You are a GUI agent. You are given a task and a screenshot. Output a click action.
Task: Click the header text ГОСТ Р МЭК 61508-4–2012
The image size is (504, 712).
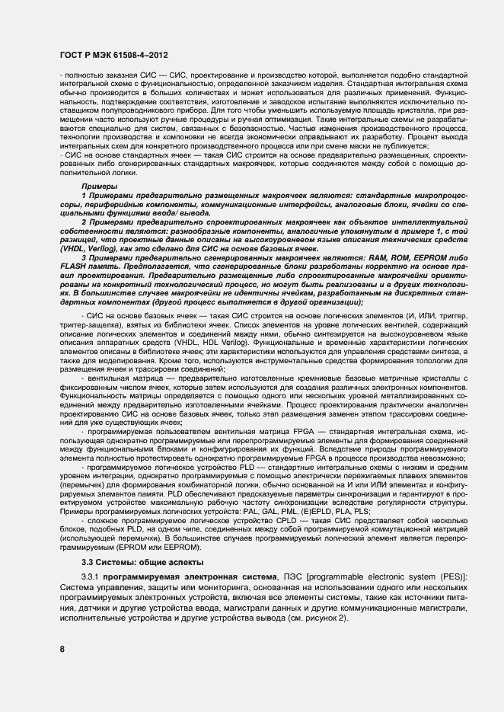(113, 56)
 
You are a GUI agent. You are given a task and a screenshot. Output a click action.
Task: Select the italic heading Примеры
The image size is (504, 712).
(99, 186)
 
